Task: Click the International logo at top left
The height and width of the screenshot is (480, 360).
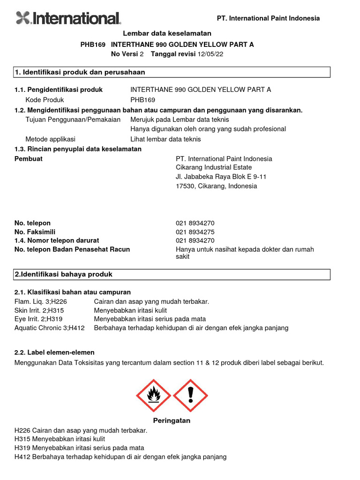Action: tap(68, 18)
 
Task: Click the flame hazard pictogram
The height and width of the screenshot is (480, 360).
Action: tap(153, 396)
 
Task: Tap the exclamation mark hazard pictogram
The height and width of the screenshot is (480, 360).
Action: tap(190, 396)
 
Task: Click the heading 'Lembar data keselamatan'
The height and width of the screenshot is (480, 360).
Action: tap(167, 33)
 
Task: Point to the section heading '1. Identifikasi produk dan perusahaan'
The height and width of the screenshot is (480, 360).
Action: tap(80, 72)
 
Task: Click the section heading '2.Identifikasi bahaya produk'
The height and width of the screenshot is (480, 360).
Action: tap(64, 274)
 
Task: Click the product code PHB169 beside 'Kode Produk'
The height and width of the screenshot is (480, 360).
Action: tap(142, 100)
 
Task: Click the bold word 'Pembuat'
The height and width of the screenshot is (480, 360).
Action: tap(29, 159)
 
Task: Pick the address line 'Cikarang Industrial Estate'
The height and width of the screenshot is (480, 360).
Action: tap(213, 167)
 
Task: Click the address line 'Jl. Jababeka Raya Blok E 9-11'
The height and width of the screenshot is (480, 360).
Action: tap(221, 177)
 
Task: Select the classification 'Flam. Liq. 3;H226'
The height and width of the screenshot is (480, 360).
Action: tap(41, 301)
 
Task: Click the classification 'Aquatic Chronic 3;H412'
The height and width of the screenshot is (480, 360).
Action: tap(50, 328)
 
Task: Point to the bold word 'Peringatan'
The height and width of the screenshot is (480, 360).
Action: tap(172, 420)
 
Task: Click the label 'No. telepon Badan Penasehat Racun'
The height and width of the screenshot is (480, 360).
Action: tap(72, 249)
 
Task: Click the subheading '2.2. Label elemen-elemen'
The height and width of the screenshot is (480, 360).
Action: tap(54, 352)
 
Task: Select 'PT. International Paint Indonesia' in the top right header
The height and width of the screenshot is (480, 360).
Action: tap(268, 18)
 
